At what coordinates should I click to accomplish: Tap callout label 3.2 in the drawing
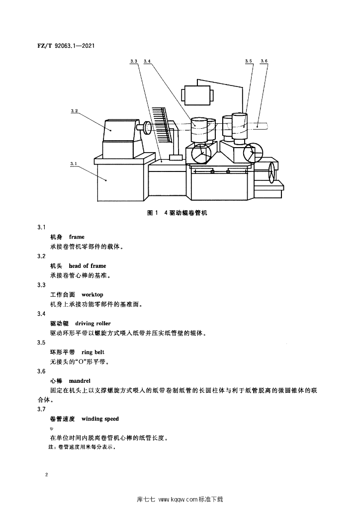pos(74,111)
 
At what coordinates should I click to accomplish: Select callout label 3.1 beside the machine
pos(74,163)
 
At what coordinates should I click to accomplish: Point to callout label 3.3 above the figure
pos(133,61)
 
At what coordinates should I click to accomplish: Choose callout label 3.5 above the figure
pos(249,61)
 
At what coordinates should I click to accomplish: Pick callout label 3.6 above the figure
pos(264,61)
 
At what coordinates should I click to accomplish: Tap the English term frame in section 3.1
pos(77,237)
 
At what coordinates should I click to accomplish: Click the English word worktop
pos(92,295)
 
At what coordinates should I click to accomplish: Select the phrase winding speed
pos(100,419)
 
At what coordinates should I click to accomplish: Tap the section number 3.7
pos(41,409)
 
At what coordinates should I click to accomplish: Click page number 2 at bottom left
pos(46,475)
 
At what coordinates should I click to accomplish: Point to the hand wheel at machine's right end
pos(271,174)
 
